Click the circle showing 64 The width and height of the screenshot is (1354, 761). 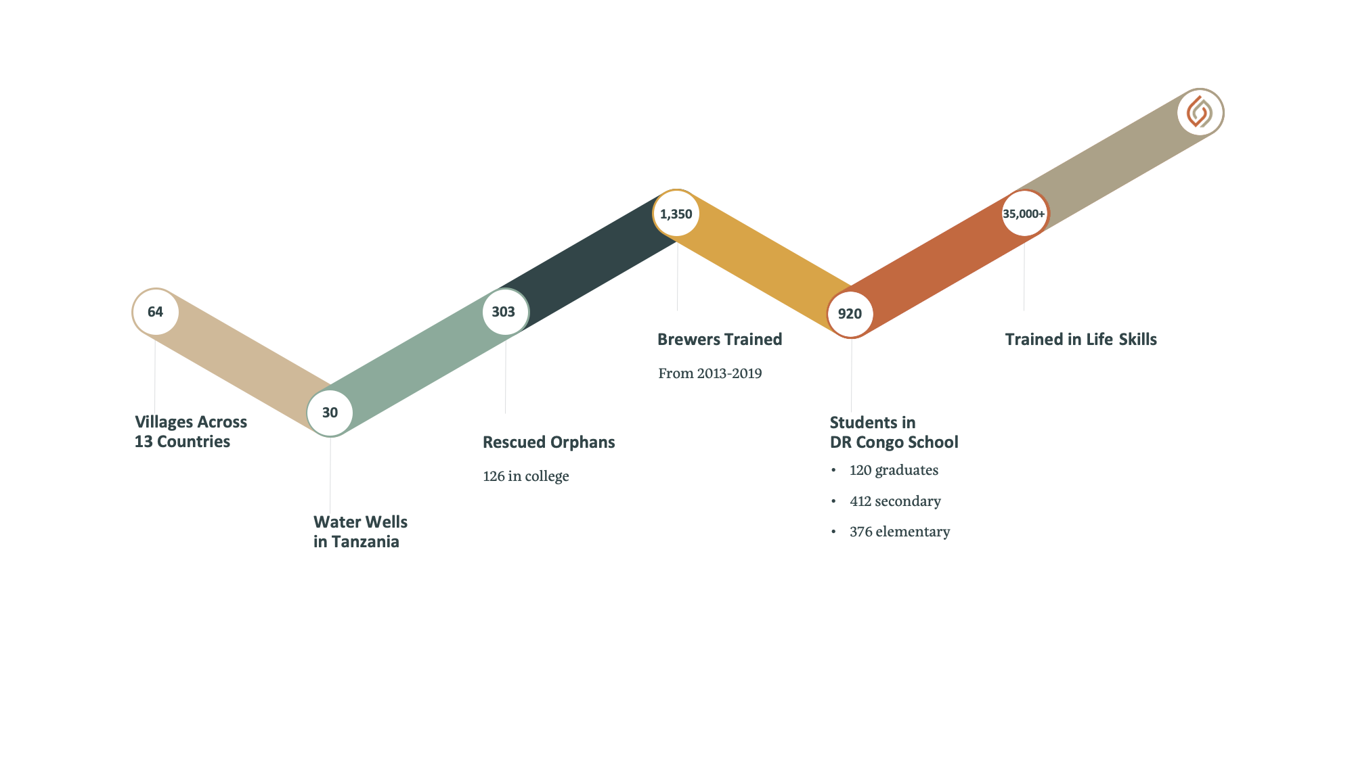coord(156,312)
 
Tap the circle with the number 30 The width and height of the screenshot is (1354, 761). coord(330,413)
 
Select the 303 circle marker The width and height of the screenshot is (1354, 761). coord(504,312)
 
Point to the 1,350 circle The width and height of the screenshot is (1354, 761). coord(676,214)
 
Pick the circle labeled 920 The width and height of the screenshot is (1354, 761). coord(850,314)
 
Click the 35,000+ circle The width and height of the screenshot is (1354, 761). coord(1024,214)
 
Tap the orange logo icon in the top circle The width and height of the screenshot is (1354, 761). coord(1200,112)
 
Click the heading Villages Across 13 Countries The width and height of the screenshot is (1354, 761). coord(191,432)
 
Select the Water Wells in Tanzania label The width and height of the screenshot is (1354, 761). coord(360,532)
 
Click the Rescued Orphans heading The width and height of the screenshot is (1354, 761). coord(549,442)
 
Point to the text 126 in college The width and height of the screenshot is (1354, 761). coord(526,476)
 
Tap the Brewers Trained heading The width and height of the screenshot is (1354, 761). coord(720,340)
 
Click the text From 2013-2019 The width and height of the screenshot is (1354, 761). coord(710,373)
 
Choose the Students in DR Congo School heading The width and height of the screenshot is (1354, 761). coord(894,432)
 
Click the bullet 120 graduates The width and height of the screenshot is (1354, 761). coord(894,470)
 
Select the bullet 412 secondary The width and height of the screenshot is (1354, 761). coord(895,501)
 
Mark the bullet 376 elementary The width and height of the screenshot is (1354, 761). coord(900,532)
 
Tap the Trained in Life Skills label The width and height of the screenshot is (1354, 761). coord(1081,340)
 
